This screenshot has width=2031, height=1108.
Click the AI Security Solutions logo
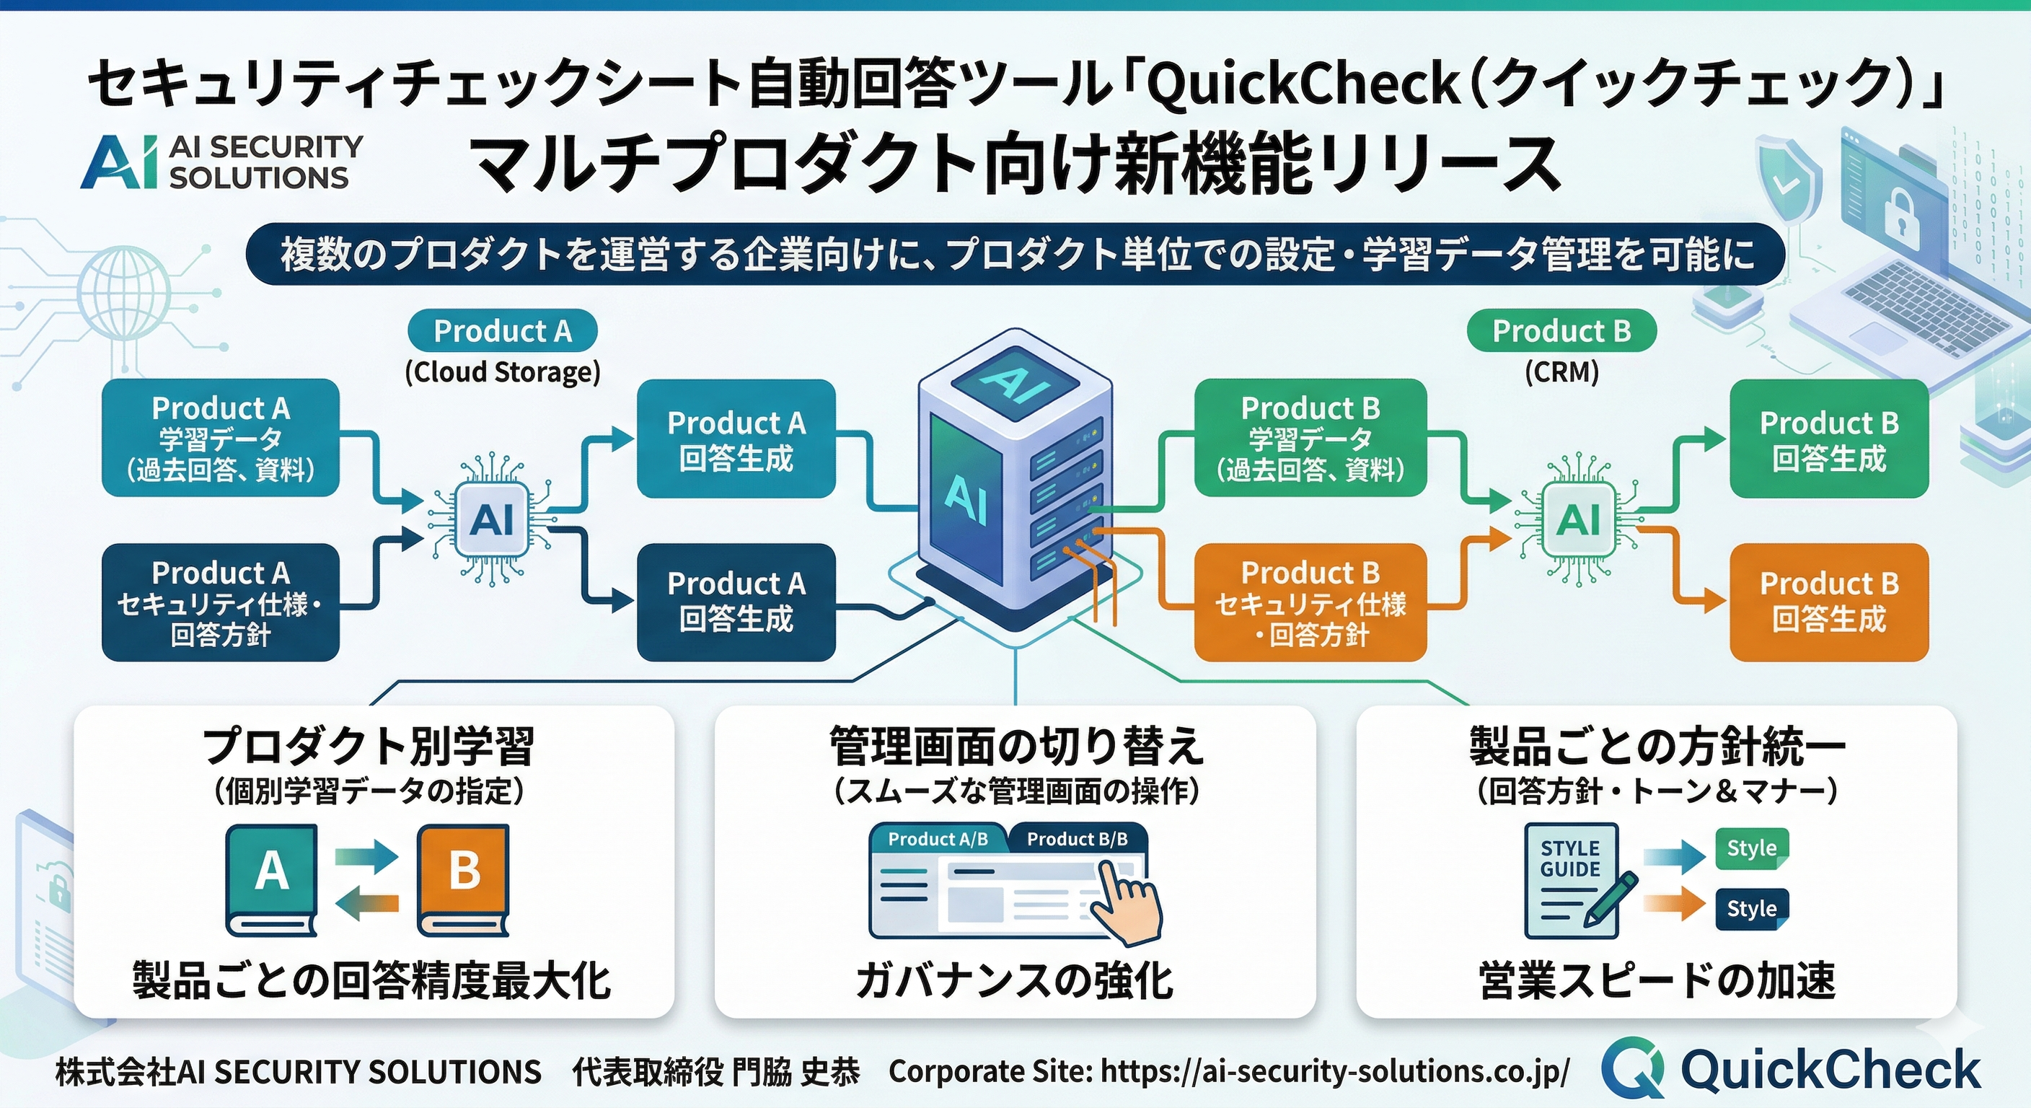pyautogui.click(x=221, y=162)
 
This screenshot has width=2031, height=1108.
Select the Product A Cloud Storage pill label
pyautogui.click(x=502, y=330)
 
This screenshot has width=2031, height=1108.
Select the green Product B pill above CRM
pyautogui.click(x=1560, y=330)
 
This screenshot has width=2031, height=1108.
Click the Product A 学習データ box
pyautogui.click(x=221, y=438)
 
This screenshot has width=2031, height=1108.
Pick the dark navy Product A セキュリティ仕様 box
pyautogui.click(x=221, y=602)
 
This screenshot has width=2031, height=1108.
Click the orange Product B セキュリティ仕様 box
pyautogui.click(x=1310, y=602)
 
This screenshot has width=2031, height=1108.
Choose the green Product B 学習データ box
pyautogui.click(x=1310, y=438)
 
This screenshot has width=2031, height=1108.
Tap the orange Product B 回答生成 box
pyautogui.click(x=1828, y=602)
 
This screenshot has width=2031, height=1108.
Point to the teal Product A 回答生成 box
pyautogui.click(x=736, y=439)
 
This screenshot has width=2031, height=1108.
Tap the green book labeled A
pyautogui.click(x=272, y=879)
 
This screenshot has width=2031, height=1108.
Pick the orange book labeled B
pyautogui.click(x=464, y=879)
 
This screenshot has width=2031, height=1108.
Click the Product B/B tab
pyautogui.click(x=1076, y=839)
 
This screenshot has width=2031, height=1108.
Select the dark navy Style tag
pyautogui.click(x=1751, y=908)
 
